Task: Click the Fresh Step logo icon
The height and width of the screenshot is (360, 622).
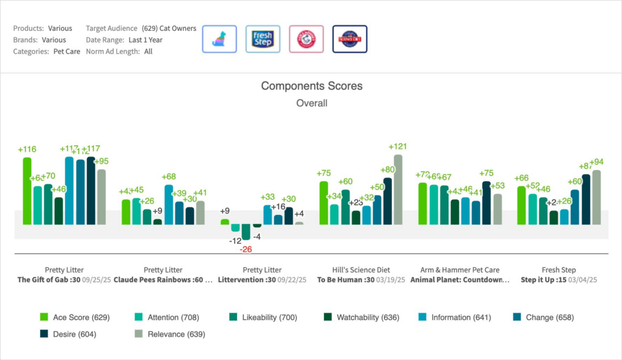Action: [x=262, y=39]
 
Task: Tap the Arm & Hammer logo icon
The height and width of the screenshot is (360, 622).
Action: [x=306, y=39]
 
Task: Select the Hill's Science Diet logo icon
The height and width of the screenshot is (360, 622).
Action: [x=350, y=39]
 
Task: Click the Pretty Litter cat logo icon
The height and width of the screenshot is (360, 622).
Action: [x=219, y=39]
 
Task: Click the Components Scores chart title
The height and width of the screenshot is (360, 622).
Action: [x=312, y=86]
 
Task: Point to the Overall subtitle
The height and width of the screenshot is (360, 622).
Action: [x=312, y=103]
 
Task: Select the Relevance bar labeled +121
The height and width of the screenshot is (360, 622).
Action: [x=398, y=189]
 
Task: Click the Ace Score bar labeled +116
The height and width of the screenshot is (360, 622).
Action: [x=27, y=191]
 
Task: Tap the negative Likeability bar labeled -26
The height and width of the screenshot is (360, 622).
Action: [x=245, y=231]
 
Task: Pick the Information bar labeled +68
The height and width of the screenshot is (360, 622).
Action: [x=168, y=205]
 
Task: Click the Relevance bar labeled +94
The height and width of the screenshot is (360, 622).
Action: [x=596, y=197]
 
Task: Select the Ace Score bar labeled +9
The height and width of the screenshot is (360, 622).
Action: [x=225, y=222]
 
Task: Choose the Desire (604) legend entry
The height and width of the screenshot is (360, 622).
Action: [x=67, y=334]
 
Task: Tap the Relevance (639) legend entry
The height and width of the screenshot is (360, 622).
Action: [x=169, y=334]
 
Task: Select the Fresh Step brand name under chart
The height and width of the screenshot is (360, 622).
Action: [x=558, y=270]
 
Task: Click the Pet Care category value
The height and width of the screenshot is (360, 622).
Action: [x=66, y=52]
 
